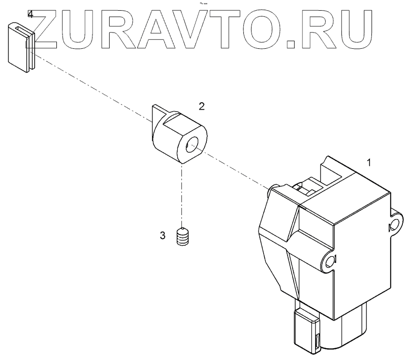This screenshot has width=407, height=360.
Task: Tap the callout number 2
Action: (x=202, y=106)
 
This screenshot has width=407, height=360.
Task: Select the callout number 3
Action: (x=162, y=235)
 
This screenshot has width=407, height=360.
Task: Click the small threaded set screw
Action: (x=182, y=237)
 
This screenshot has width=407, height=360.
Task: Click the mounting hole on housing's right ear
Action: (x=393, y=226)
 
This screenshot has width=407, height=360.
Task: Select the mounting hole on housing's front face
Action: (x=331, y=261)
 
